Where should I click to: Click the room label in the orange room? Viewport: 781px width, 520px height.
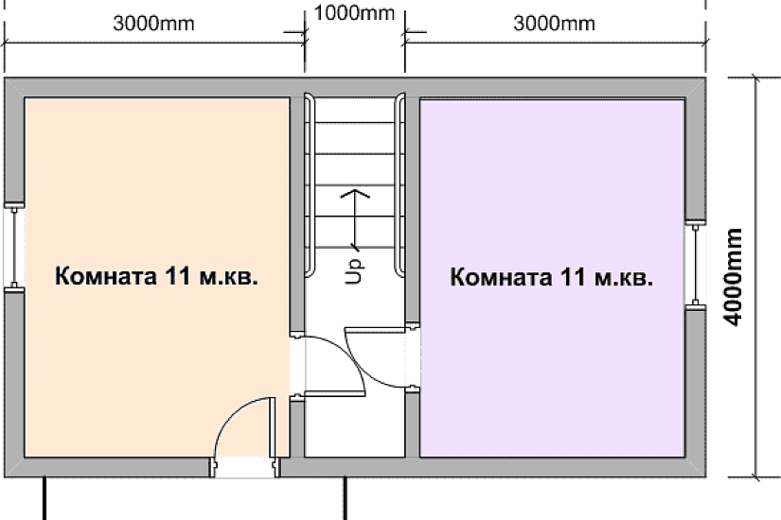pos(157,278)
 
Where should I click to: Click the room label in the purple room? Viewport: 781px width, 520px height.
pos(552,278)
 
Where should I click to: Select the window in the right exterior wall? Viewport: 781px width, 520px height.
pos(696,265)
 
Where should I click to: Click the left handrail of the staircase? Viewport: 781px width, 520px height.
pos(307,184)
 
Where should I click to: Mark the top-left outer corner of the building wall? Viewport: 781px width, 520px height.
pos(5,78)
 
